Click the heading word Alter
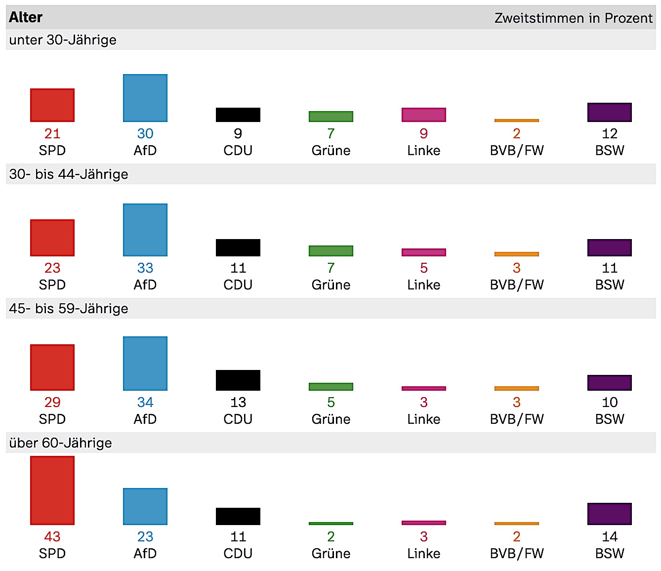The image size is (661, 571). (26, 18)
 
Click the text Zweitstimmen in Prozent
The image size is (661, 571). (573, 18)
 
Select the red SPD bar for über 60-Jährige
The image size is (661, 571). (52, 490)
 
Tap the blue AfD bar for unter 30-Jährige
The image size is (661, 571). (145, 98)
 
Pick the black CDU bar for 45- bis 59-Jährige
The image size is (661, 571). (238, 380)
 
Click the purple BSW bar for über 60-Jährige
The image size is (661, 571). (610, 514)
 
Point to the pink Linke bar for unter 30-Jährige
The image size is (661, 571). (424, 115)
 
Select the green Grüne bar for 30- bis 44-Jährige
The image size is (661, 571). (331, 250)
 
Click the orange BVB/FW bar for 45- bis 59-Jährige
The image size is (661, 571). (517, 388)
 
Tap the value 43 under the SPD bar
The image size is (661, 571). (52, 536)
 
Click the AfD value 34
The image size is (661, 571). (145, 402)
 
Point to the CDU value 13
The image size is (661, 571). (238, 402)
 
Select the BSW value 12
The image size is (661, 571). (610, 133)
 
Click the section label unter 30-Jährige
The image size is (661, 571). (63, 40)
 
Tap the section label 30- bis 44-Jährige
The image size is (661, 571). (69, 174)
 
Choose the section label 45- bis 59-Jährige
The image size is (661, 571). (69, 309)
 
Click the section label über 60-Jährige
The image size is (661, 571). (60, 443)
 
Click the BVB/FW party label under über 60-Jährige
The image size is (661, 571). (517, 553)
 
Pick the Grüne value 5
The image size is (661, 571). (331, 402)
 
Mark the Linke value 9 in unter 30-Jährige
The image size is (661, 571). (424, 133)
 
